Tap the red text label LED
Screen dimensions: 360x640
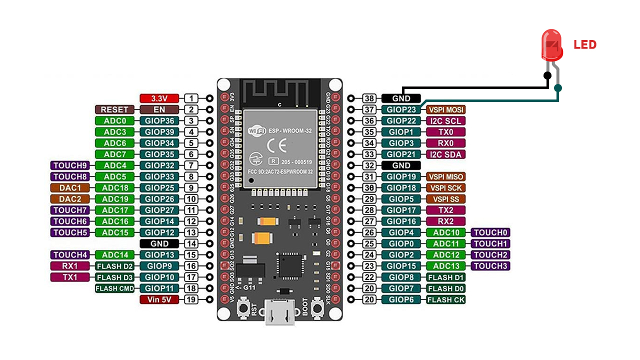coord(585,45)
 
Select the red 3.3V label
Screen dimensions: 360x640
coord(158,98)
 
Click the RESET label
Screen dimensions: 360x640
coord(114,109)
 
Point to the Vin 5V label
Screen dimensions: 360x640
coord(158,300)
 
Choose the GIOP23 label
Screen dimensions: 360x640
coord(401,109)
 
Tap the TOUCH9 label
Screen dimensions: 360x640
coord(70,165)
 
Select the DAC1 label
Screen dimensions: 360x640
coord(70,188)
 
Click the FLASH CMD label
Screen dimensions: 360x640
coord(114,288)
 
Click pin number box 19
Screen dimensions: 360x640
coord(191,300)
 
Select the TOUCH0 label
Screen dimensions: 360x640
coord(490,232)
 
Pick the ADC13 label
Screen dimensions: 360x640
coord(446,266)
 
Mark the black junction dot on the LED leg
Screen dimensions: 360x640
coord(547,75)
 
